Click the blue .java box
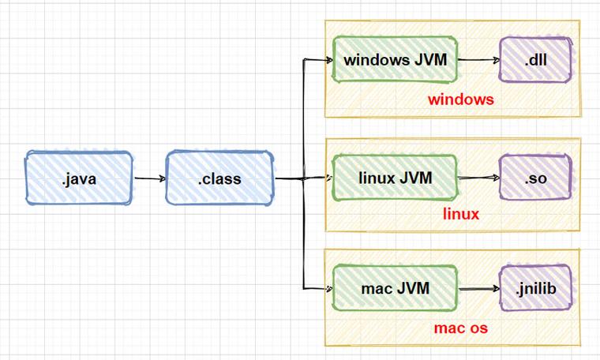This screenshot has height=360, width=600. point(78,178)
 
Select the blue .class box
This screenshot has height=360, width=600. point(220,178)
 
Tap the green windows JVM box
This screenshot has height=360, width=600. point(395,59)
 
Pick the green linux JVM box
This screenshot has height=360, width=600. point(395,178)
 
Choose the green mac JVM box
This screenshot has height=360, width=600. point(395,288)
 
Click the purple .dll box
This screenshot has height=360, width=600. point(535,59)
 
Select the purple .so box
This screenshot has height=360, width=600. point(535,178)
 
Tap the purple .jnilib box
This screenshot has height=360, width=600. point(535,288)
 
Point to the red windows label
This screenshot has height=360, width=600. point(460,100)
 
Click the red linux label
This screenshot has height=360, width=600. point(461,214)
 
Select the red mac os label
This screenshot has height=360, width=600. point(461,327)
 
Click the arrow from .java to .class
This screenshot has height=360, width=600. point(149,178)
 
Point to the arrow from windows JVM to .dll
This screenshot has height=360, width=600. point(478,59)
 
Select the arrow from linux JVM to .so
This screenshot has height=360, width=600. point(478,178)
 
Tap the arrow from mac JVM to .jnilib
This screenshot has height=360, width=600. point(478,288)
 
